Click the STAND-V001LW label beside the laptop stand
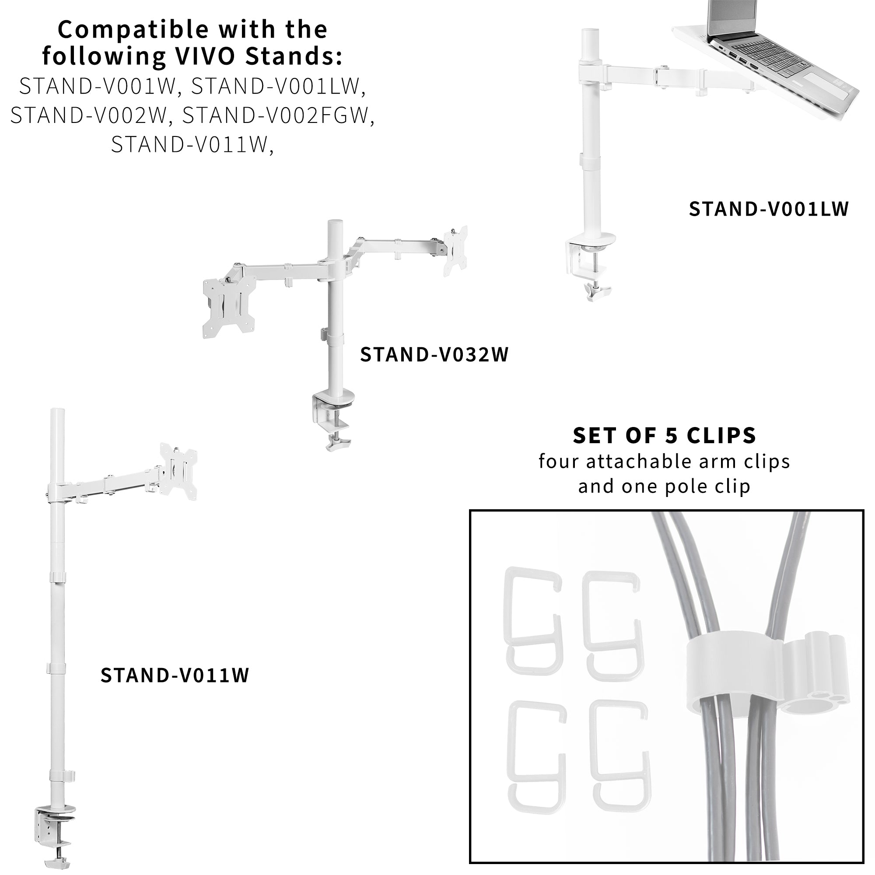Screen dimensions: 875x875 pos(769,209)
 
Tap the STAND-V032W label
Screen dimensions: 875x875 pos(434,355)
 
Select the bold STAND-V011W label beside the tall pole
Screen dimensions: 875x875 pos(175,675)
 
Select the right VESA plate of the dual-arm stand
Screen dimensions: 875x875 pos(455,250)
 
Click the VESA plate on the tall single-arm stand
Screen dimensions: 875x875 pos(178,471)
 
